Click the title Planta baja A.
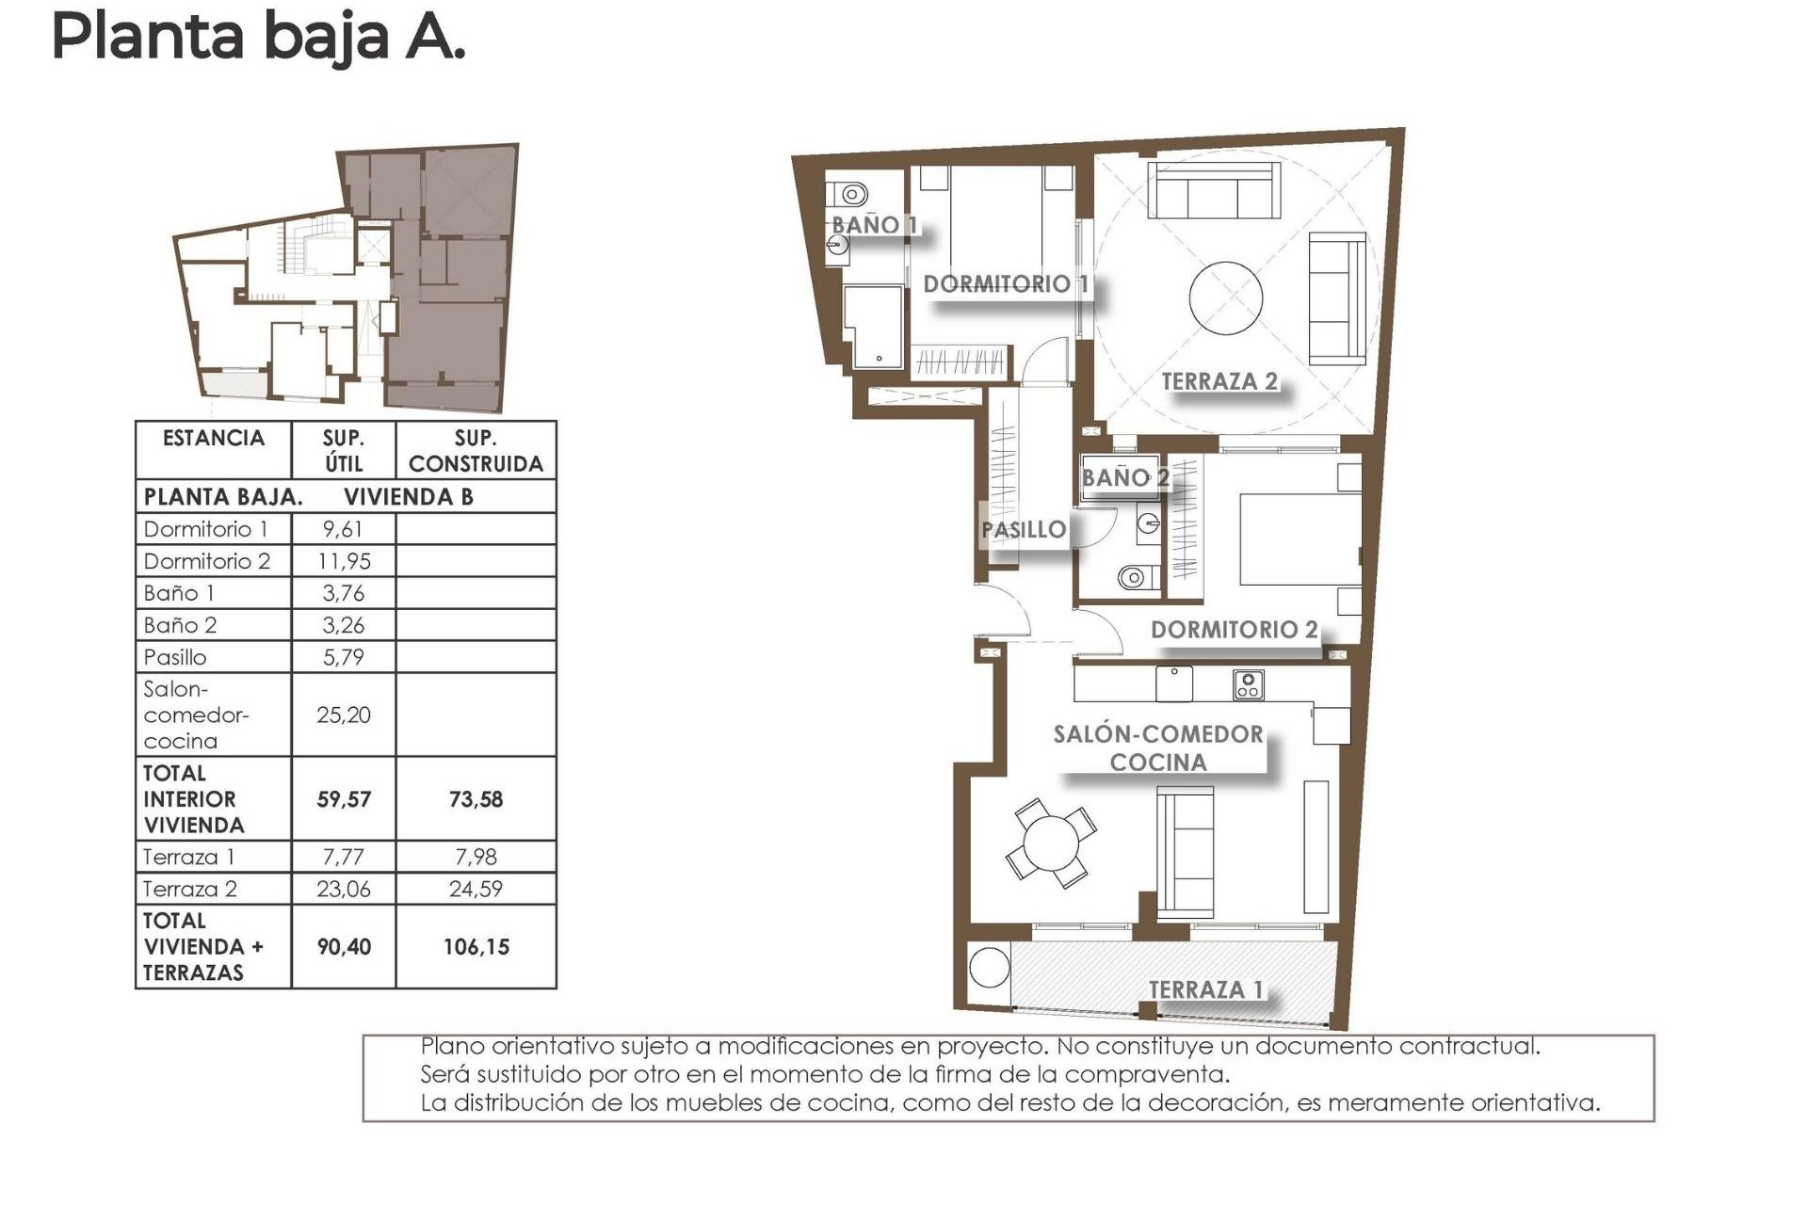coord(258,38)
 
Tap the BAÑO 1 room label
coord(874,225)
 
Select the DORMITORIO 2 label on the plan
coord(1234,630)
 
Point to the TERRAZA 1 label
coord(1205,989)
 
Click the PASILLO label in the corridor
coord(1024,530)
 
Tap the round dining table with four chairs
coord(1051,843)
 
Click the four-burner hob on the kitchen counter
coord(1248,684)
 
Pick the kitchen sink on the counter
coord(1174,683)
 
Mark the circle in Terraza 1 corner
coord(989,967)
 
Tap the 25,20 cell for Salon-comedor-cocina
coord(343,715)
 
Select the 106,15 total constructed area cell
coord(476,947)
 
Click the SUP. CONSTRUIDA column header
coord(476,451)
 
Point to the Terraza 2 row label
coord(190,889)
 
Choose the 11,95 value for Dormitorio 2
coord(344,561)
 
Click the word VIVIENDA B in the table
coord(408,497)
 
